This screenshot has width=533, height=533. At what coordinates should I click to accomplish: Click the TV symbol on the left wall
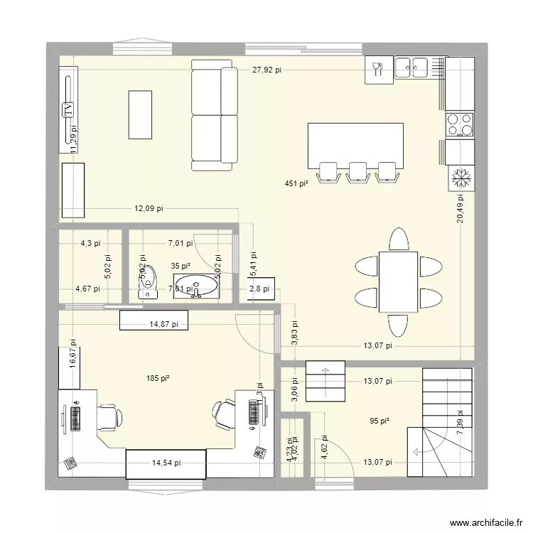tap(68, 109)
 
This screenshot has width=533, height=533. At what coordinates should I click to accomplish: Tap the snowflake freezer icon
tap(460, 178)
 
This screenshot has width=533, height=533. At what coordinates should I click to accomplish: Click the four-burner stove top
tap(459, 124)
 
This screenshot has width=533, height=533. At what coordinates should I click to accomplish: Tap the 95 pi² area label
tap(380, 421)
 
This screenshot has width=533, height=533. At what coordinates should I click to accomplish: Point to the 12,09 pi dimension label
tap(149, 208)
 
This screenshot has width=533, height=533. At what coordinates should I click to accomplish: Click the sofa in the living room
tap(214, 115)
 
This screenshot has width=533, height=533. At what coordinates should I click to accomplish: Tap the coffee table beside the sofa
tap(139, 114)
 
